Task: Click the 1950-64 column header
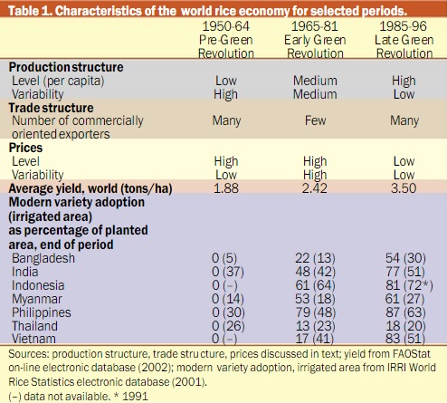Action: tap(226, 40)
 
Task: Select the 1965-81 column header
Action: tap(315, 40)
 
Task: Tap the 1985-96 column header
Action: tap(404, 40)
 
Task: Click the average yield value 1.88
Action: tap(226, 188)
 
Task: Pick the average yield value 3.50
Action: tap(404, 188)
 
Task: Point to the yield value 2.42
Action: tap(315, 188)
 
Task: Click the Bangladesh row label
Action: tap(43, 258)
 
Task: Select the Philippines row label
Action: tap(42, 312)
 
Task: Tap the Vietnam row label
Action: tap(33, 339)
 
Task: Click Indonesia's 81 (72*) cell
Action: tap(409, 285)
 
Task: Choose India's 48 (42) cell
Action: tap(315, 272)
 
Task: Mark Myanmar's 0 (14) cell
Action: tap(228, 299)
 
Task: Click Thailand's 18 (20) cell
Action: tap(405, 326)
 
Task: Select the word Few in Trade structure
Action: tap(315, 120)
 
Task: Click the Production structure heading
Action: tap(66, 67)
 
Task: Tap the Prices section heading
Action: tap(25, 148)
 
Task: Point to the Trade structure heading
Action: tap(51, 108)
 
